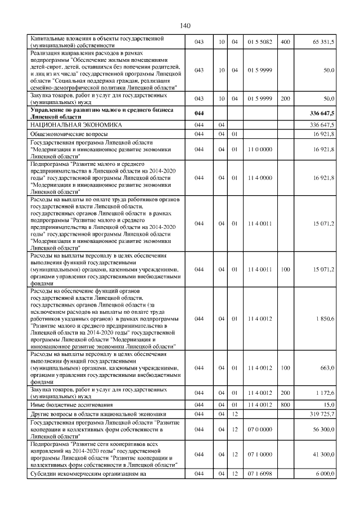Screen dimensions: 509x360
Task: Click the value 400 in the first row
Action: [x=285, y=42]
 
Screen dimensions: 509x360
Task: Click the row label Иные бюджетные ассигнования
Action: [x=71, y=404]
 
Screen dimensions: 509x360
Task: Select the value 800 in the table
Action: [x=285, y=404]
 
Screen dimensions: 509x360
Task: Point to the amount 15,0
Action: [x=328, y=404]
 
